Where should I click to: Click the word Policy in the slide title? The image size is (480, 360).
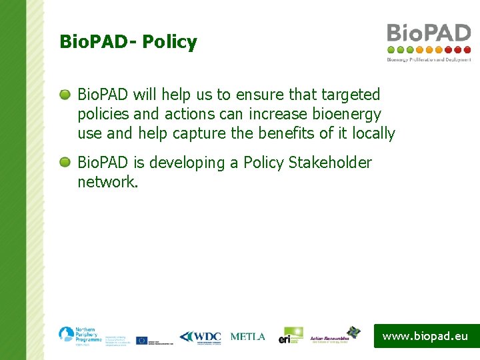(169, 43)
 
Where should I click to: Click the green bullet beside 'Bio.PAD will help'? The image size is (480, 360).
(65, 95)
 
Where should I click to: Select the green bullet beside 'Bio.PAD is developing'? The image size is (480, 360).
(65, 163)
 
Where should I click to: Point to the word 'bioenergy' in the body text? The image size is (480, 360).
(348, 114)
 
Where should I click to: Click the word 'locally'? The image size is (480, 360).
(373, 133)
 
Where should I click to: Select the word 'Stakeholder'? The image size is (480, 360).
(330, 163)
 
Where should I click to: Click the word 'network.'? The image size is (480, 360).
(108, 182)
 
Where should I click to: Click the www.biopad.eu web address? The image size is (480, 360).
(425, 336)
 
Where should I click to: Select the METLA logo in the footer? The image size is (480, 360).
(247, 337)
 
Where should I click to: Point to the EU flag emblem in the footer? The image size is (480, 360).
(141, 340)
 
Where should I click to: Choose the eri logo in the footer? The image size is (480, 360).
(291, 335)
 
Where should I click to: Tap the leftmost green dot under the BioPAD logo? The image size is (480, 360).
(391, 49)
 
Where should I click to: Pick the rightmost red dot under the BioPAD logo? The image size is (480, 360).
(467, 49)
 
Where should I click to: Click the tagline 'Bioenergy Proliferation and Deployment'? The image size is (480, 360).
(429, 59)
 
